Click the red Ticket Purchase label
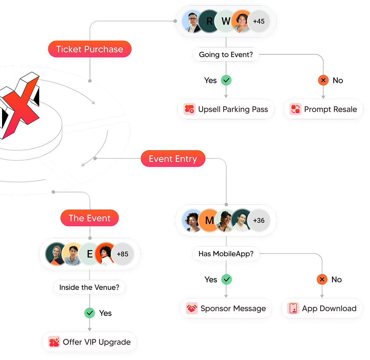pos(90,49)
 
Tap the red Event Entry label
pos(173,159)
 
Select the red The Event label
pos(90,218)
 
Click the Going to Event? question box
pos(226,55)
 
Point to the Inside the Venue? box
pos(89,287)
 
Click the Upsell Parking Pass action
pos(226,109)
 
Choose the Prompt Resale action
pos(323,109)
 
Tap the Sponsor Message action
pos(226,308)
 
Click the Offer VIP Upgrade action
pos(89,342)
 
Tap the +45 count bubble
pos(259,21)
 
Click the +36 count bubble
pos(259,220)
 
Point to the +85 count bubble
pos(122,254)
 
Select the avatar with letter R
pos(209,21)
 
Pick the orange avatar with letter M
pos(209,220)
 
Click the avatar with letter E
pos(90,254)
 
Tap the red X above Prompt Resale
pos(323,80)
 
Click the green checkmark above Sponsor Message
pos(226,280)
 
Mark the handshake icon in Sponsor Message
pos(192,308)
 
